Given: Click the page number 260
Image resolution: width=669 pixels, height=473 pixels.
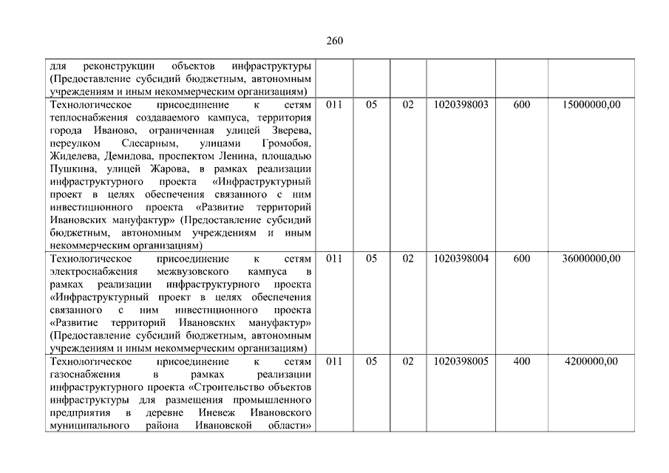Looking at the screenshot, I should (334, 41).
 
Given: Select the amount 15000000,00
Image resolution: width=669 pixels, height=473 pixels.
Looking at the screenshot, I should (591, 105).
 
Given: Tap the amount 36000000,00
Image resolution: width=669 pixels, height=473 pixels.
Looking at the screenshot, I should (591, 259).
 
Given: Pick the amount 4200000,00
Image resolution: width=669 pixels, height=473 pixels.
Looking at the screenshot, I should (591, 361).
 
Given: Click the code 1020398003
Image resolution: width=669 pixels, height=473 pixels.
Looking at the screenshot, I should (461, 105).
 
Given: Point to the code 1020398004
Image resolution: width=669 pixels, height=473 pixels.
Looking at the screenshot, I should (461, 259).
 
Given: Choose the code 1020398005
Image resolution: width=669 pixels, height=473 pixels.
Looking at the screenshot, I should (461, 361).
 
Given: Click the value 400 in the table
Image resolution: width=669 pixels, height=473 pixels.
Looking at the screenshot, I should (521, 361).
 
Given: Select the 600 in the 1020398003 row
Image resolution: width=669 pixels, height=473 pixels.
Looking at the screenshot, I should (521, 105).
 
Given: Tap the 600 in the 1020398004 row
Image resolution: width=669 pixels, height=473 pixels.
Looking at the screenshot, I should (521, 259).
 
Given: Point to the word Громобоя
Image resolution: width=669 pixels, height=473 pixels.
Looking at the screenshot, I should (286, 143).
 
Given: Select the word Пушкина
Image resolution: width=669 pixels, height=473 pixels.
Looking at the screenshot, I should (68, 169).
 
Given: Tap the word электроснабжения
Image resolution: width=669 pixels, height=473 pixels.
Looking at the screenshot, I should (89, 271).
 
